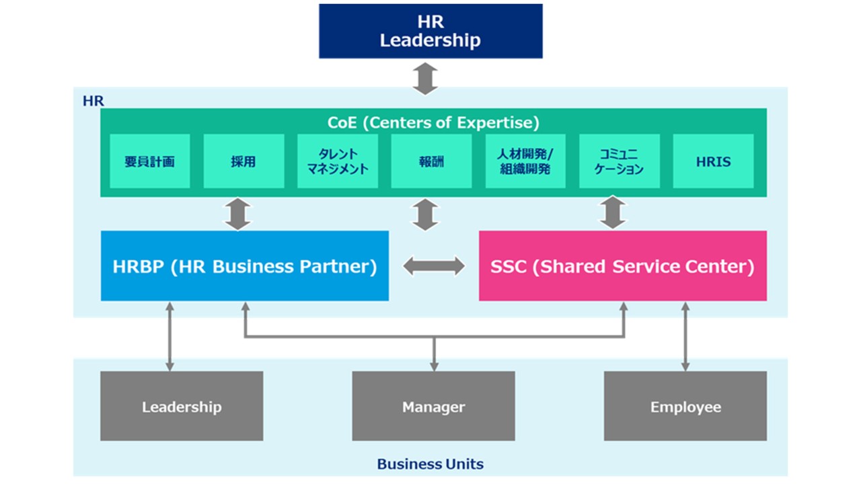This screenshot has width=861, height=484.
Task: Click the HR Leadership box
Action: (x=430, y=31)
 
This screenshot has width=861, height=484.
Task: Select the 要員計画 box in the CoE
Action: (x=149, y=161)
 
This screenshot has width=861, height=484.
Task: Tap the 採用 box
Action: (x=243, y=161)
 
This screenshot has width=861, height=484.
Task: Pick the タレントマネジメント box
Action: (x=337, y=161)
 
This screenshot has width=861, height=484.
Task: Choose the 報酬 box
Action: (x=430, y=161)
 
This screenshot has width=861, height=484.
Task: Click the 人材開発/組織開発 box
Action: (x=525, y=161)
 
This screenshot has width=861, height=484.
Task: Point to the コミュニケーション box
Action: (x=619, y=161)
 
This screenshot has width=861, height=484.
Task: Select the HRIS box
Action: (x=713, y=161)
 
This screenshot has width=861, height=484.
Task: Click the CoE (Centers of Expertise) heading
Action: (x=433, y=122)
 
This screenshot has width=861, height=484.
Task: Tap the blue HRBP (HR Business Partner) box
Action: (x=245, y=266)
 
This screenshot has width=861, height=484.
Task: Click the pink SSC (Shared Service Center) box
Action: (x=622, y=266)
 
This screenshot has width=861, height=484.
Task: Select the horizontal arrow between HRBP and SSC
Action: (x=434, y=266)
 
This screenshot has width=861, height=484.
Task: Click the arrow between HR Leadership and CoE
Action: (x=425, y=79)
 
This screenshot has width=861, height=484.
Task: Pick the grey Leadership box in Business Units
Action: (x=182, y=407)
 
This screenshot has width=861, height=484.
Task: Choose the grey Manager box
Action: (x=433, y=407)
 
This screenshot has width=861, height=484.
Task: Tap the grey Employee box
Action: (x=685, y=407)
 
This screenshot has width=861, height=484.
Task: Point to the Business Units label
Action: (x=430, y=464)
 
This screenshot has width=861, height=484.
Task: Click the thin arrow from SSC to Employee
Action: (x=685, y=336)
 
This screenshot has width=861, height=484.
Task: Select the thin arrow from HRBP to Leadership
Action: (x=170, y=336)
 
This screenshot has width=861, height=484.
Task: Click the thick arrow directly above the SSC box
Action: (x=613, y=213)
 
